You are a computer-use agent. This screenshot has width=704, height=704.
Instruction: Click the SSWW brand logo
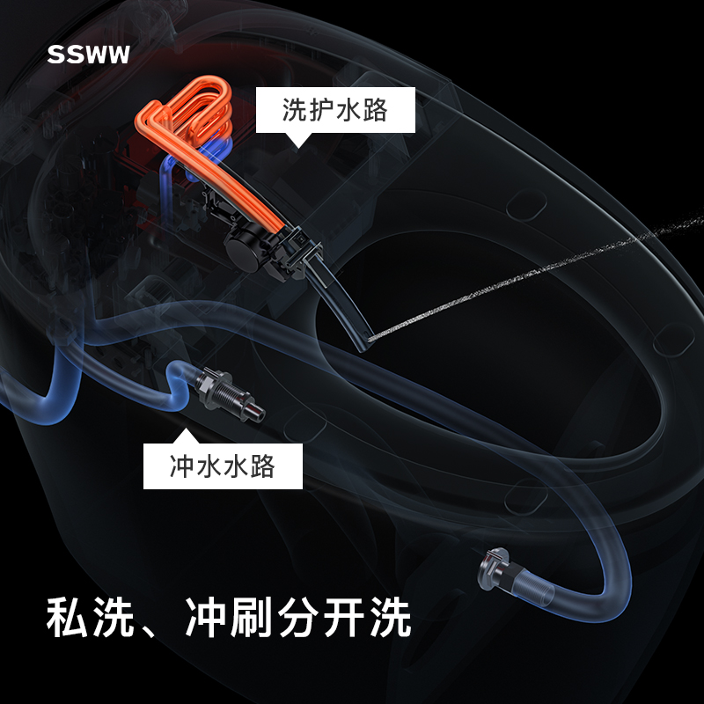(89, 55)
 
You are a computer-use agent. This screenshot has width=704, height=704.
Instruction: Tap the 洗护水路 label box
(334, 110)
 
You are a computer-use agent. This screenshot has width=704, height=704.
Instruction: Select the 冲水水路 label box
(223, 466)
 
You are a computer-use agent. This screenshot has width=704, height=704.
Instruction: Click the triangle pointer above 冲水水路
(185, 436)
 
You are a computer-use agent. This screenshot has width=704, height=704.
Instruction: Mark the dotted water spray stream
(528, 282)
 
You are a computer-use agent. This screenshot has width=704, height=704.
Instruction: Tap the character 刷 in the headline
(251, 618)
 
